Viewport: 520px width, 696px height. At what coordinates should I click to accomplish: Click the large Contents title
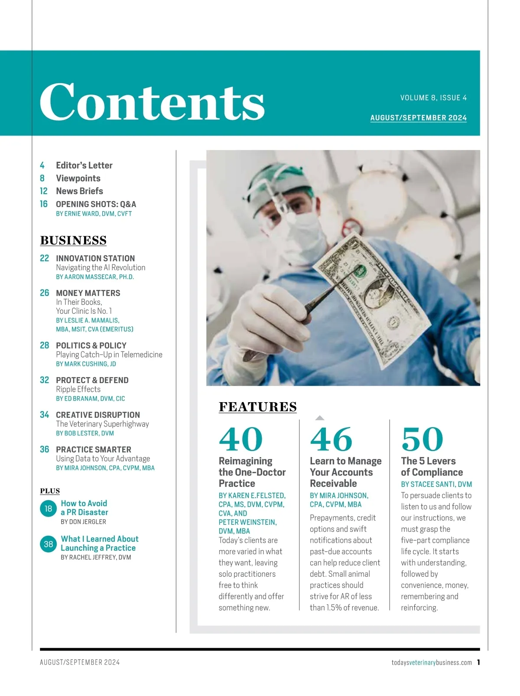[152, 102]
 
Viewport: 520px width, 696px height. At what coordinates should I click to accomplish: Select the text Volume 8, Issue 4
[433, 98]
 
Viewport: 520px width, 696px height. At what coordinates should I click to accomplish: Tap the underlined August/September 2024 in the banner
[418, 118]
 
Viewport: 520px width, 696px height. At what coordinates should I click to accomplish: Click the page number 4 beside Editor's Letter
[42, 166]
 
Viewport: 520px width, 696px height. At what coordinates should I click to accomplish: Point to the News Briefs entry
[79, 191]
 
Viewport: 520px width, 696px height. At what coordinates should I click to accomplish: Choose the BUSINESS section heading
[73, 241]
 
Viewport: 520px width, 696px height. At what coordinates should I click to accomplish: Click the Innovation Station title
[95, 258]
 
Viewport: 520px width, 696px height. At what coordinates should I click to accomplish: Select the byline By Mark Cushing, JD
[86, 364]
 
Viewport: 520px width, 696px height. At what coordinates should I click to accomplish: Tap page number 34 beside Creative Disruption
[44, 415]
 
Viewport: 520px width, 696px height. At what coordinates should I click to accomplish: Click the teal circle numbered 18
[48, 508]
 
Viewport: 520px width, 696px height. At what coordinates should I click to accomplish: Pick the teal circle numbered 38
[48, 544]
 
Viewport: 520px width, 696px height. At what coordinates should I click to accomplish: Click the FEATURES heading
[257, 407]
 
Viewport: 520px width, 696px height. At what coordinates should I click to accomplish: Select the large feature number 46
[331, 439]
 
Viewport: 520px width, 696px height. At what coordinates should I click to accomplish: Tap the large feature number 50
[422, 439]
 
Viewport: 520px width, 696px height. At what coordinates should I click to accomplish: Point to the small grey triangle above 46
[320, 418]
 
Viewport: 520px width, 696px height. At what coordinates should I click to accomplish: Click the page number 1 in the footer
[478, 662]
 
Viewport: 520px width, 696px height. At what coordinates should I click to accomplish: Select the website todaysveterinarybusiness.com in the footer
[432, 663]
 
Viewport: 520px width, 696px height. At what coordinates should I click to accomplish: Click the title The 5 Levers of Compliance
[432, 467]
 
